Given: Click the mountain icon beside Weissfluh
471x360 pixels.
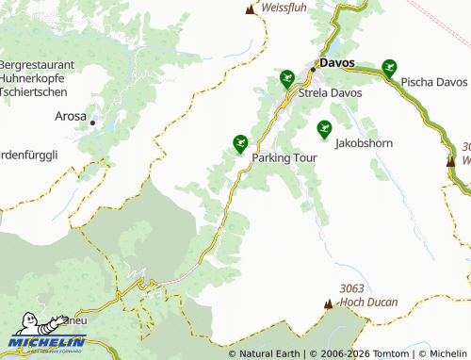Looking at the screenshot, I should [251, 9].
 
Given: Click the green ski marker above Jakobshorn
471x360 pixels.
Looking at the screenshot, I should [325, 129].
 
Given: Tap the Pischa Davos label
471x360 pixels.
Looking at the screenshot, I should [433, 82].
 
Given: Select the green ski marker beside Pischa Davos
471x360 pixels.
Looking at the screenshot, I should [389, 67].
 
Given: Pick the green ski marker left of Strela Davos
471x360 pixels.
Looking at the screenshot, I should [287, 77].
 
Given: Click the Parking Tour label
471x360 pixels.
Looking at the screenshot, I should [284, 158].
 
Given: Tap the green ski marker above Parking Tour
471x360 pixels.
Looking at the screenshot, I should [240, 143].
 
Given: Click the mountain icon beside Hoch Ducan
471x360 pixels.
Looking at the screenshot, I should [329, 303].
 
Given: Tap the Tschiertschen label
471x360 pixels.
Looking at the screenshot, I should [35, 93].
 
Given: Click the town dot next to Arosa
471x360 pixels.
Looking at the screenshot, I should [93, 122].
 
